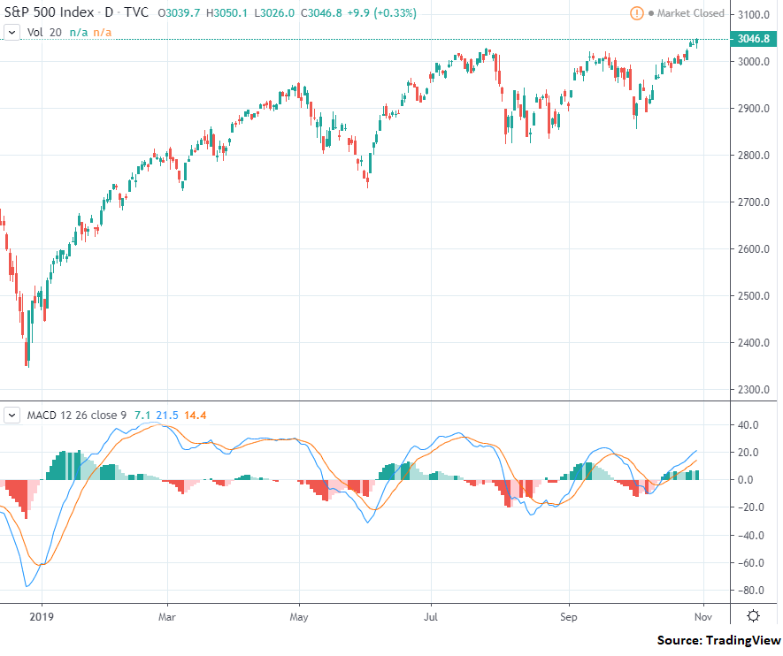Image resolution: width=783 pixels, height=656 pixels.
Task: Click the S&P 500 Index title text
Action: coord(46,13)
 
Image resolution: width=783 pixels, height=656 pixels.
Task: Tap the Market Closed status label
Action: coord(692,13)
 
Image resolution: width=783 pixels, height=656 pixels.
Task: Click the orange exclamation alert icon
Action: coord(636,13)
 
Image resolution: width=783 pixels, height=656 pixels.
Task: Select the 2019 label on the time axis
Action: coord(41,616)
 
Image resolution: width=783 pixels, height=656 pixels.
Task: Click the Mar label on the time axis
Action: coord(165,616)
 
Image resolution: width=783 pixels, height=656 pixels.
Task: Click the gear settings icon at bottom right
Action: coord(752,616)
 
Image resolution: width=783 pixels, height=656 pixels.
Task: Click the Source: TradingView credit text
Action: coord(718,640)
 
